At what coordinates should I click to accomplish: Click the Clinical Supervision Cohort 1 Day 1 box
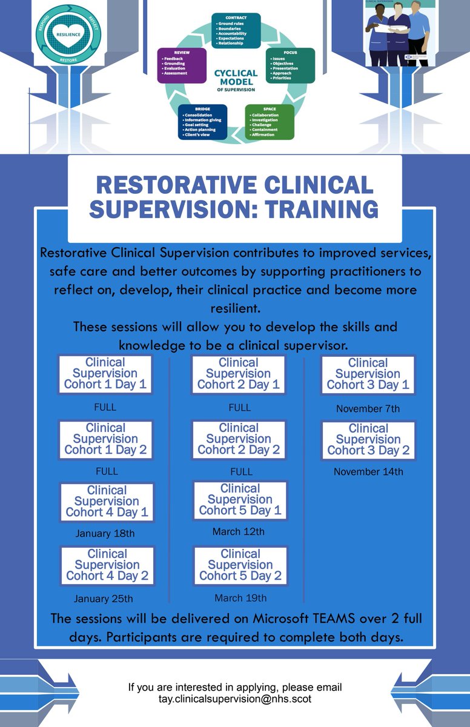pyautogui.click(x=106, y=374)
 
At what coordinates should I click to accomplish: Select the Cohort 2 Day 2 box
pyautogui.click(x=239, y=439)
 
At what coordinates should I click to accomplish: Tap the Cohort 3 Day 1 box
pyautogui.click(x=368, y=374)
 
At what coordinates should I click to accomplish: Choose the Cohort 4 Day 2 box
pyautogui.click(x=107, y=565)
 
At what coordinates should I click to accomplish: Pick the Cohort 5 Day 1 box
pyautogui.click(x=240, y=500)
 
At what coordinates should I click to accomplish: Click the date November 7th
pyautogui.click(x=368, y=409)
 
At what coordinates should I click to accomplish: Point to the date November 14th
pyautogui.click(x=368, y=471)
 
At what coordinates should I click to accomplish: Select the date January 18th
pyautogui.click(x=105, y=534)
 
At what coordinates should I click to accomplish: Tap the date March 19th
pyautogui.click(x=240, y=598)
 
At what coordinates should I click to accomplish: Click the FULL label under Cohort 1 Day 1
pyautogui.click(x=105, y=407)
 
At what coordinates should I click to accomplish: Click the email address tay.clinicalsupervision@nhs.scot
pyautogui.click(x=235, y=699)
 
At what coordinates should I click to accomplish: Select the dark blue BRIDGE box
pyautogui.click(x=203, y=122)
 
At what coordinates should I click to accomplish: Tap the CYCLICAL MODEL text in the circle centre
pyautogui.click(x=236, y=77)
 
